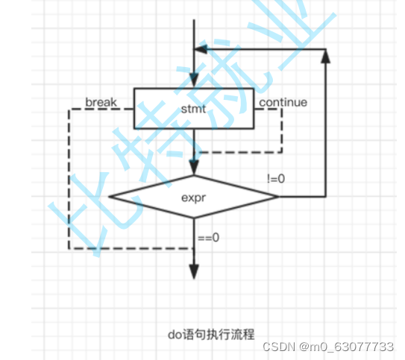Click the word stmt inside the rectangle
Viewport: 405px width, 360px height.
tap(193, 109)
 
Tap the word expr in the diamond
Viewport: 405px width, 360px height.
tap(193, 198)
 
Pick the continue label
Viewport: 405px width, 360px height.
tap(283, 101)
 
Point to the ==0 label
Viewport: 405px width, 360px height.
tap(208, 239)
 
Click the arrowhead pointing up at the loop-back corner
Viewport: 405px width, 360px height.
tap(325, 57)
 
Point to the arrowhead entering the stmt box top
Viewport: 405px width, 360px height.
tap(194, 83)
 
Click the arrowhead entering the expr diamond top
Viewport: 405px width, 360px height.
tap(194, 169)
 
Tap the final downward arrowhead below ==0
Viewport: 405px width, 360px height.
tap(194, 271)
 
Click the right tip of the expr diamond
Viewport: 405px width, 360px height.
tap(277, 197)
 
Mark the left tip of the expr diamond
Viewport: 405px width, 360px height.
tap(110, 197)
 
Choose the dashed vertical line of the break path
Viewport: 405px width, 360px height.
tap(69, 179)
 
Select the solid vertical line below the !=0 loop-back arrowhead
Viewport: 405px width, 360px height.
tap(325, 127)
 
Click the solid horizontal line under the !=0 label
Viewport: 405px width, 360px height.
tap(302, 197)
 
